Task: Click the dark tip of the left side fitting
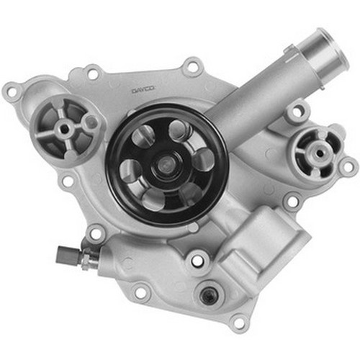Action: coord(61,253)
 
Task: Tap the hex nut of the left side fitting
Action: coord(81,257)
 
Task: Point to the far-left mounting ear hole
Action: coord(12,92)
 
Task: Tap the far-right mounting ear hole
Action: coord(348,167)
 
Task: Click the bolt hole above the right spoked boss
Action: coord(296,114)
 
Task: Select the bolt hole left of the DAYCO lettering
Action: coord(92,72)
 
